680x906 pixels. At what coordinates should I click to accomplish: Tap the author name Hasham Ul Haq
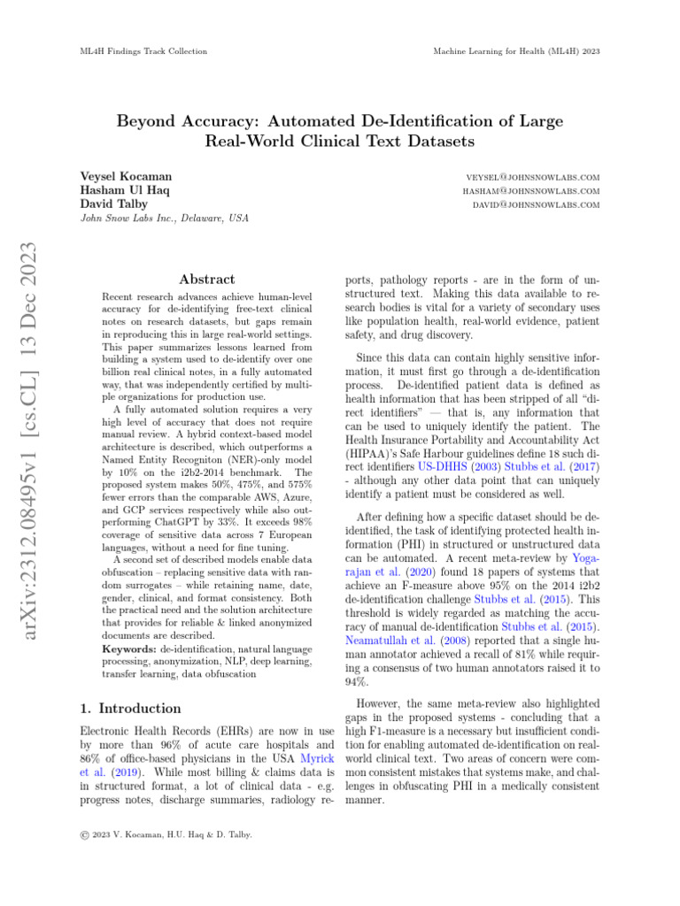125,190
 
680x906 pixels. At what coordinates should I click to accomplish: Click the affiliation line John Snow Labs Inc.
164,219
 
